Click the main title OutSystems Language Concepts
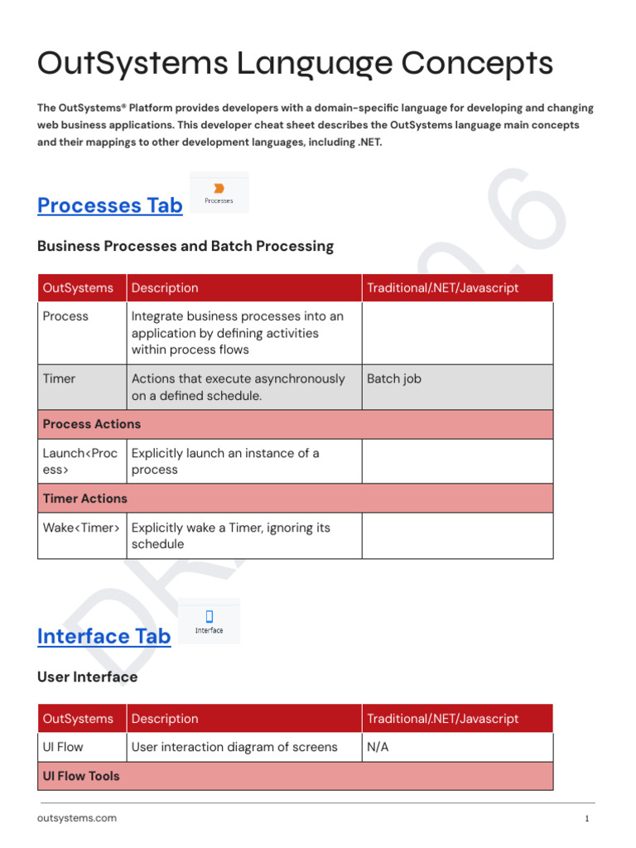pyautogui.click(x=295, y=65)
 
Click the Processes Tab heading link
pyautogui.click(x=110, y=205)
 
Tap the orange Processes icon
pyautogui.click(x=219, y=189)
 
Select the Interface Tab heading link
pyautogui.click(x=104, y=636)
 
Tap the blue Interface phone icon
pyautogui.click(x=209, y=616)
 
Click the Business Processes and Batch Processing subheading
pyautogui.click(x=185, y=246)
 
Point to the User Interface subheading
pyautogui.click(x=88, y=677)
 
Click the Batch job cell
pyautogui.click(x=394, y=378)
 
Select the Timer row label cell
pyautogui.click(x=59, y=378)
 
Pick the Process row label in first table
pyautogui.click(x=65, y=316)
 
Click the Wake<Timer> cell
pyautogui.click(x=81, y=528)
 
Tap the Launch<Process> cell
pyautogui.click(x=80, y=461)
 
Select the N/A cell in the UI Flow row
pyautogui.click(x=378, y=747)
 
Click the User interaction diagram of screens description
pyautogui.click(x=234, y=747)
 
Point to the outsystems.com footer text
pyautogui.click(x=77, y=818)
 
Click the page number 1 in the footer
pyautogui.click(x=586, y=819)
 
